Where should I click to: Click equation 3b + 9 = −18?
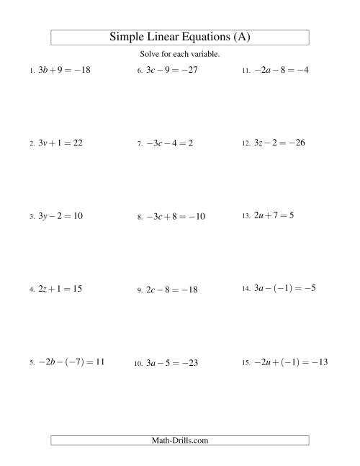click(64, 71)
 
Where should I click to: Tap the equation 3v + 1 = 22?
click(60, 143)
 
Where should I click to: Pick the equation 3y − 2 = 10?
click(60, 216)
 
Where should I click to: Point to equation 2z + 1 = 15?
click(60, 289)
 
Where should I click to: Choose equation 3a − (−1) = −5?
click(284, 289)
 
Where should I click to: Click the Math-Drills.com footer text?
click(179, 439)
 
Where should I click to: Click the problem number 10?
click(138, 364)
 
